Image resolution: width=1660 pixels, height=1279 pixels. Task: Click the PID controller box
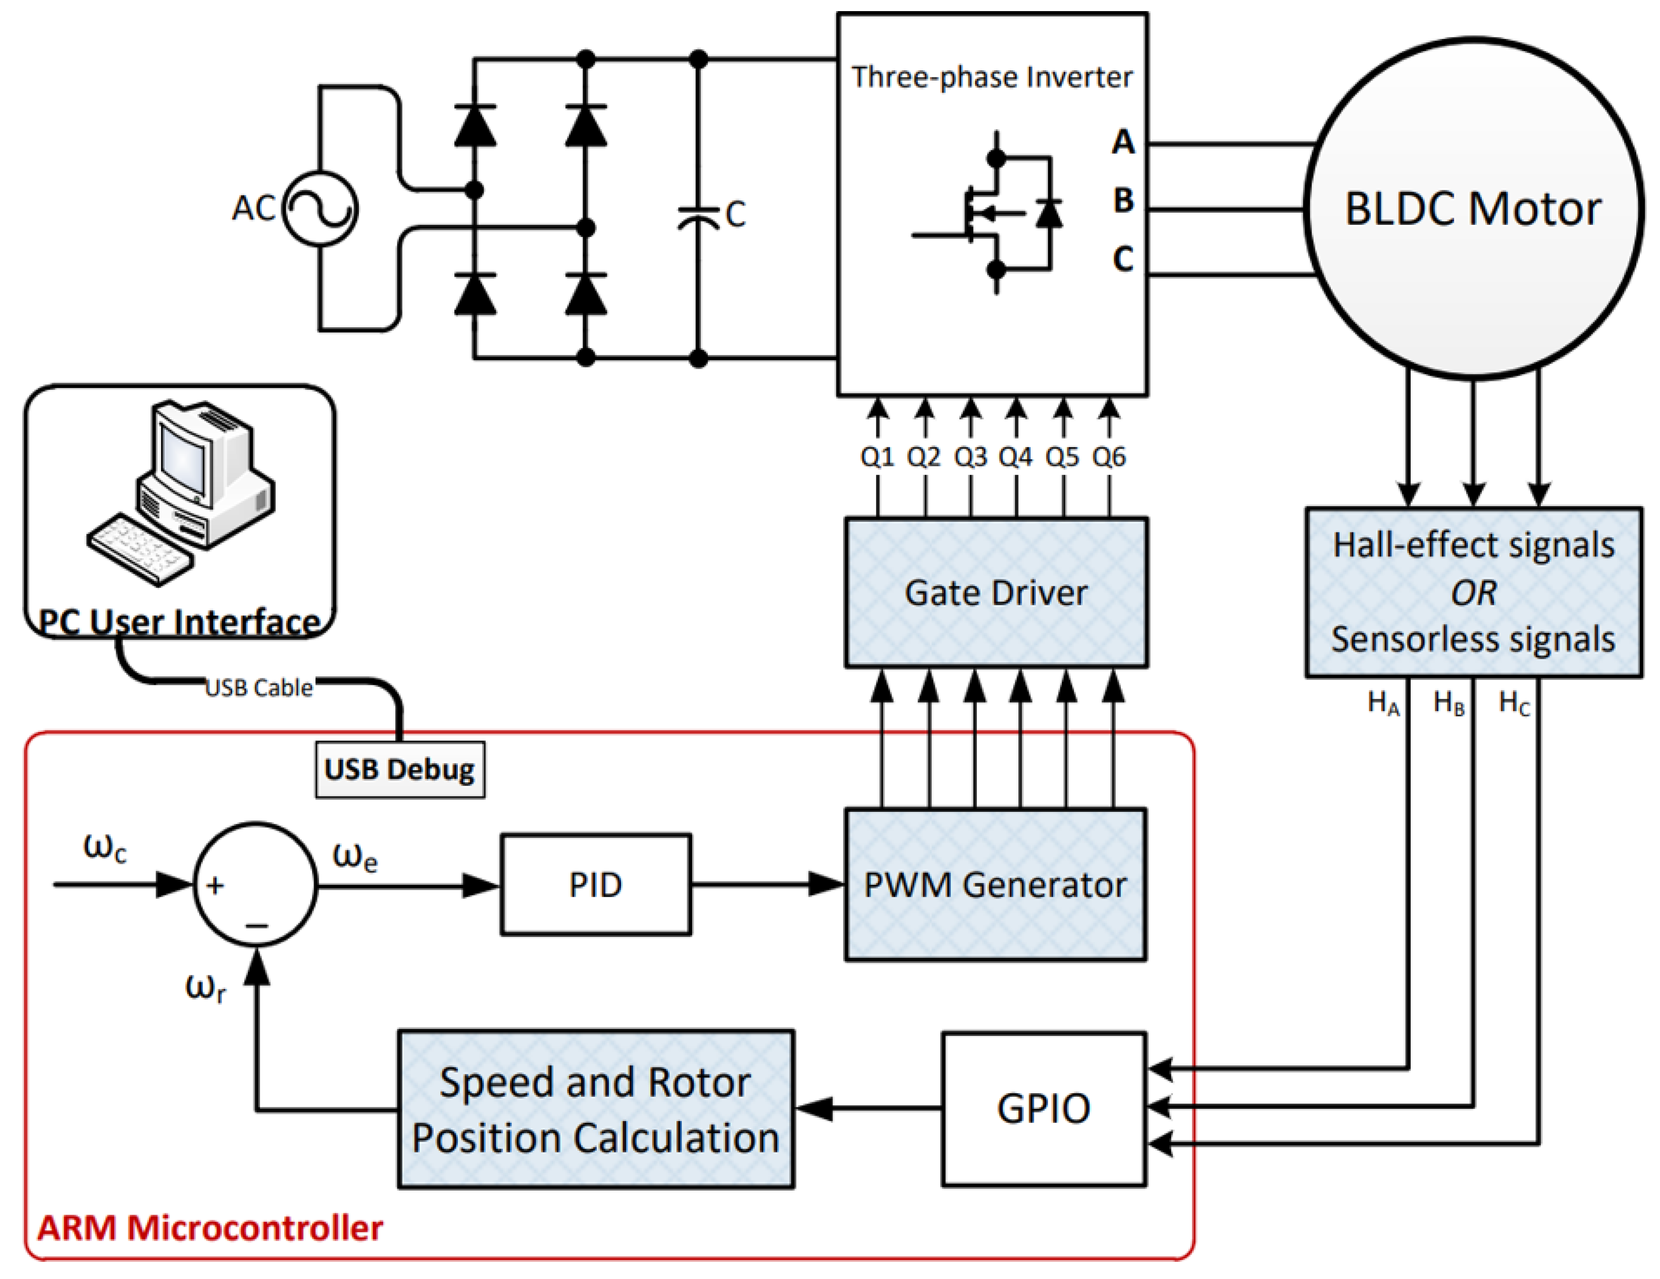(x=595, y=884)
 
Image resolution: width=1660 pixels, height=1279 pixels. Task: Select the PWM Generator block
(x=995, y=884)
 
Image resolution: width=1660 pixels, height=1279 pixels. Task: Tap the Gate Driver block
(x=996, y=593)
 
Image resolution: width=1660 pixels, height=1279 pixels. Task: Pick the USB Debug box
(x=400, y=769)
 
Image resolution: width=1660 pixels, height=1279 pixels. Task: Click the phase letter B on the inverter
(x=1123, y=201)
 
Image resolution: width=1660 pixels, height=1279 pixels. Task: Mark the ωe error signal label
(x=355, y=857)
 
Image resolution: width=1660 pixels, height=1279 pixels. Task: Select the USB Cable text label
(x=259, y=687)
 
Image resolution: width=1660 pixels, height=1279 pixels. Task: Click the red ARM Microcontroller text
(x=210, y=1227)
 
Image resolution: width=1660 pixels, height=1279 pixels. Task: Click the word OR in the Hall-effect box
(x=1473, y=593)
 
